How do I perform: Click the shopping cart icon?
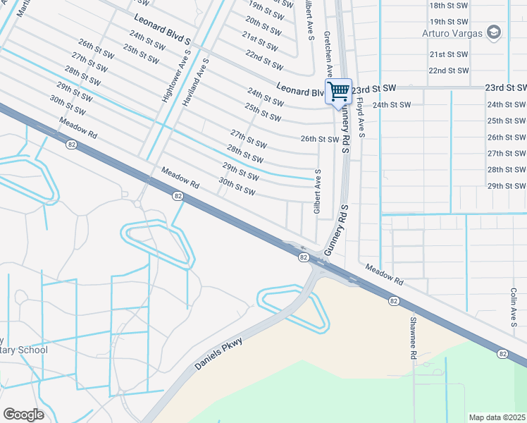[338, 91]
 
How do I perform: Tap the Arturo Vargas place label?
[452, 33]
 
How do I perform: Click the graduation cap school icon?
[494, 32]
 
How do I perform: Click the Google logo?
[23, 415]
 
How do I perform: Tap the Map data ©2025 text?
[497, 417]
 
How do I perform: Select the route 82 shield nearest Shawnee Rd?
[393, 301]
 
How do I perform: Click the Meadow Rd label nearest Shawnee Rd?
[384, 274]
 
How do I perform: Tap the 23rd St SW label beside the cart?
[374, 88]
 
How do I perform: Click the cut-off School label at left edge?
[24, 350]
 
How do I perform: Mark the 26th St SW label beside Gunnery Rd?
[320, 139]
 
